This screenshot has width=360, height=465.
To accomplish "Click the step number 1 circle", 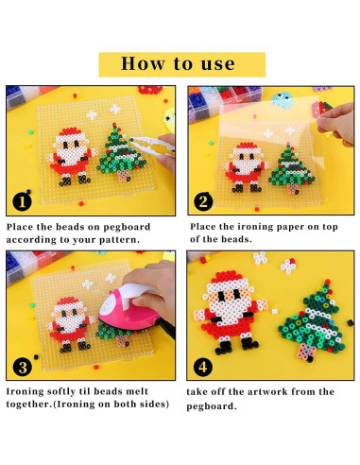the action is [22, 201].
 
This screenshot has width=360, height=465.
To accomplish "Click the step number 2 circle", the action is [203, 201].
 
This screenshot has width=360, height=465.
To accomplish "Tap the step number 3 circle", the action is [23, 367].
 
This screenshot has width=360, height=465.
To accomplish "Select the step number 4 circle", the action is [203, 367].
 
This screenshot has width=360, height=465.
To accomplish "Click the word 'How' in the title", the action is [143, 63].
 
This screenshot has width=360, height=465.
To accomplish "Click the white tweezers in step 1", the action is [151, 146].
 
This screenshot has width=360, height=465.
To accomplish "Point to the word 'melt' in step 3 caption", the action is [137, 391].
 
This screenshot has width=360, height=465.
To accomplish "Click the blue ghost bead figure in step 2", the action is [282, 100].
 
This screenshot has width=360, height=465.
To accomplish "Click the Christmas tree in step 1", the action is [122, 152].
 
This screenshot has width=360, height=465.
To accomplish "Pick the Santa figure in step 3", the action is [71, 324].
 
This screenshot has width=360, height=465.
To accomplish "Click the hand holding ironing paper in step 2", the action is [336, 124].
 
